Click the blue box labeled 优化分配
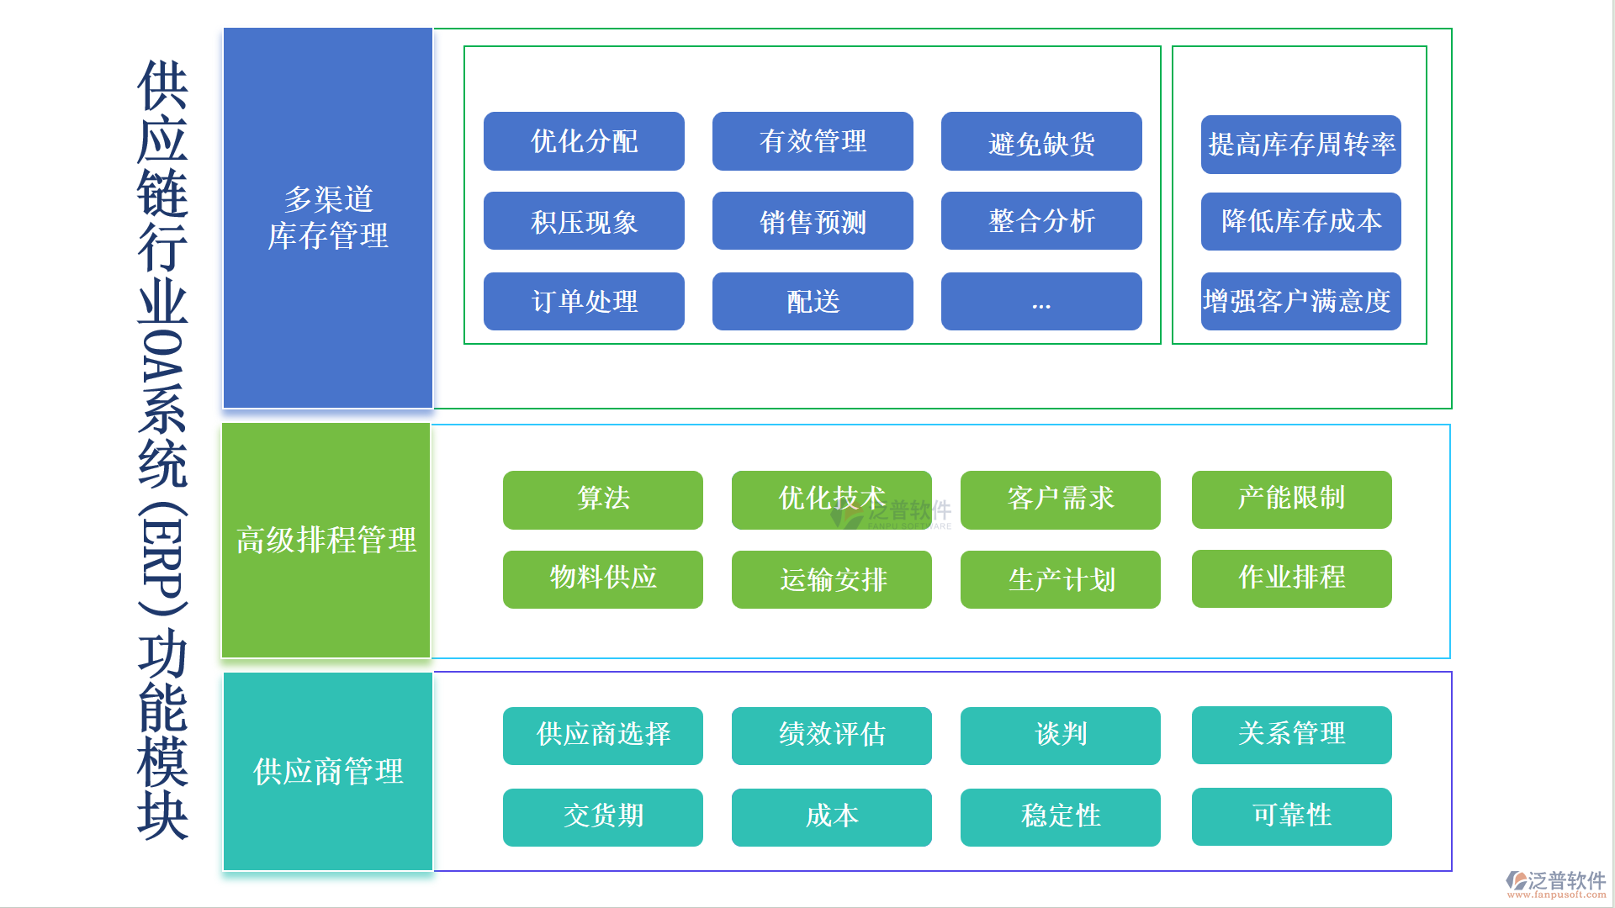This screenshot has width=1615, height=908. point(584,141)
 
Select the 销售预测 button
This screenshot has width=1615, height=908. point(813,221)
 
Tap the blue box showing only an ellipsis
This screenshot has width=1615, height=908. point(1041,302)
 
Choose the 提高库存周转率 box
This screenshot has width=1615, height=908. point(1300,145)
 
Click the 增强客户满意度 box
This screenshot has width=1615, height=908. point(1300,302)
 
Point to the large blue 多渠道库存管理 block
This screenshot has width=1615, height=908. point(328,218)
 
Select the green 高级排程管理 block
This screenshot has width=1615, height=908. point(326,540)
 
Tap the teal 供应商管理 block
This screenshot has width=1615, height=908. point(328,771)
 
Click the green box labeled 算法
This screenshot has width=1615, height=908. point(602,499)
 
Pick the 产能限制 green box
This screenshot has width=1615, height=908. point(1291,499)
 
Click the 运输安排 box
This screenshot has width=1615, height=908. point(831,579)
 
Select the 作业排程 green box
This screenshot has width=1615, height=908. point(1291,578)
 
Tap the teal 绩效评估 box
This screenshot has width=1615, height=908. point(831,736)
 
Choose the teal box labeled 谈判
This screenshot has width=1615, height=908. point(1060,736)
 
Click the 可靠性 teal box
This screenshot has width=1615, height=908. point(1291,816)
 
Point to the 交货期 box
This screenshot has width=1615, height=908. point(602,817)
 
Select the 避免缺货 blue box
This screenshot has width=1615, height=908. point(1041,141)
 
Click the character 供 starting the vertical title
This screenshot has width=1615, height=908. point(162,85)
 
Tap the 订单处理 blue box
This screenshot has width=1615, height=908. point(584,302)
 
